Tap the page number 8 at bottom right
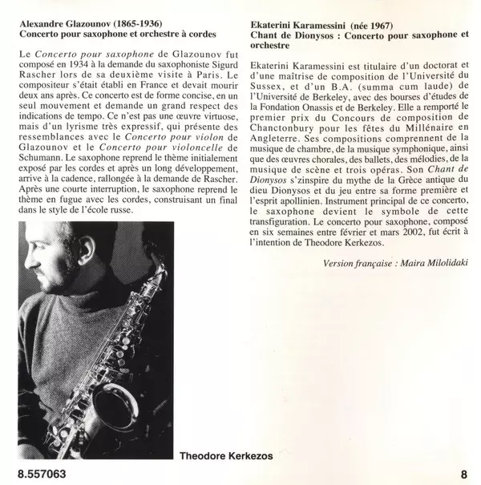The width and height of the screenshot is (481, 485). click(x=463, y=473)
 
